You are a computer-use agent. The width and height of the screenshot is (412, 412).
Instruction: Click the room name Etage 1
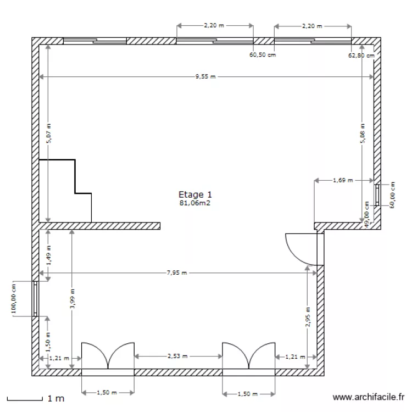point(195,194)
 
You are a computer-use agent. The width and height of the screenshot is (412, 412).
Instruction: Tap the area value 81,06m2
point(195,203)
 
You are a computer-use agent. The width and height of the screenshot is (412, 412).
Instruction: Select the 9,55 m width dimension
point(205,77)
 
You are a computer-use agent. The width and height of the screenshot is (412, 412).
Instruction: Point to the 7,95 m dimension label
point(177,272)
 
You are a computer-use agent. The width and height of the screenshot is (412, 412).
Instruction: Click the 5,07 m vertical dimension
point(48,132)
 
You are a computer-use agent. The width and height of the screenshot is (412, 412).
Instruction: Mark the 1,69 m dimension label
point(343,180)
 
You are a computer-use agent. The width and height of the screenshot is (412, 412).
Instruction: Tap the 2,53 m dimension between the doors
point(177,356)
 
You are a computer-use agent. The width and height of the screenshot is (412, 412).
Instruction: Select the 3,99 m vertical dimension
point(72,299)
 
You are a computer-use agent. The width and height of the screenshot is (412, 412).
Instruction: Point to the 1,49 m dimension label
point(48,255)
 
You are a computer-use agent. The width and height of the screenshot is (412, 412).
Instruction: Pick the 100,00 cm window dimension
point(14,299)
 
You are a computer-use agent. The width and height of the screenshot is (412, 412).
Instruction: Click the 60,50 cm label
point(263,55)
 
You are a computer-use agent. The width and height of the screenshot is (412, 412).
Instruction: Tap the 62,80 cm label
point(361,55)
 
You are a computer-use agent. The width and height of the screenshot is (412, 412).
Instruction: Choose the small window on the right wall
point(377,194)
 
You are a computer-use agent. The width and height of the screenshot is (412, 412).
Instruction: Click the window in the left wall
point(35,299)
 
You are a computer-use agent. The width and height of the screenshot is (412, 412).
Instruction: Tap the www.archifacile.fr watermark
point(369,397)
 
